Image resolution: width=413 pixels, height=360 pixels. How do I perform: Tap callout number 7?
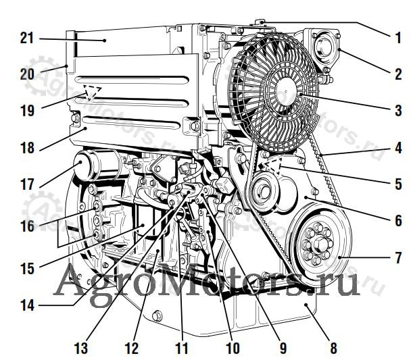[x=398, y=257]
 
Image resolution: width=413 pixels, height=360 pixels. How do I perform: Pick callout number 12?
[x=132, y=349]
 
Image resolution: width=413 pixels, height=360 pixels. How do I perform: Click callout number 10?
[x=233, y=349]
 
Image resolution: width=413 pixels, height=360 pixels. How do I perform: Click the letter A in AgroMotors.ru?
[x=69, y=283]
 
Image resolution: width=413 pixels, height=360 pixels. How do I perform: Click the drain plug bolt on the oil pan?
[x=157, y=315]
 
